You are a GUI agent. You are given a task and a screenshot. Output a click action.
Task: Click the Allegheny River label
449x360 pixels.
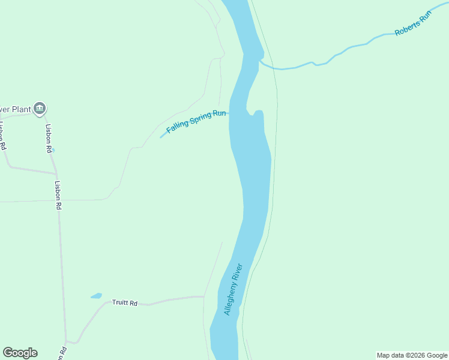[232, 289]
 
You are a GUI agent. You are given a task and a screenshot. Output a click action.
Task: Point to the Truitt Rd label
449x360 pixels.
[125, 303]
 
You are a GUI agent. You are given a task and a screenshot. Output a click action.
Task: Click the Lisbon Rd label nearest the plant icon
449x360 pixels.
[49, 139]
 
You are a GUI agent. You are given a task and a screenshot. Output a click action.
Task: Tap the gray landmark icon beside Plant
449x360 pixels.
[40, 109]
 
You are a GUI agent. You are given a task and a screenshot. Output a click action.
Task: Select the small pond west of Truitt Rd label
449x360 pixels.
[96, 296]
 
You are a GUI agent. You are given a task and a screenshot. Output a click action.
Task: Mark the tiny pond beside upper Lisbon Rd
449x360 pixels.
[53, 150]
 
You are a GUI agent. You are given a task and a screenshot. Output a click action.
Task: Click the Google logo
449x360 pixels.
[20, 353]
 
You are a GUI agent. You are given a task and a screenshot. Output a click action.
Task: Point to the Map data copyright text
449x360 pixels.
[412, 355]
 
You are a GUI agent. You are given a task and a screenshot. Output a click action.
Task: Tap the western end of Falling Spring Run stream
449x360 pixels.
[161, 137]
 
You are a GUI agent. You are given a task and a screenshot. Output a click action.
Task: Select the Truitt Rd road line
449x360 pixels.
[174, 298]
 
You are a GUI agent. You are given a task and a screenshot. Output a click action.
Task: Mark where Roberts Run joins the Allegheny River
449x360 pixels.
[261, 61]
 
